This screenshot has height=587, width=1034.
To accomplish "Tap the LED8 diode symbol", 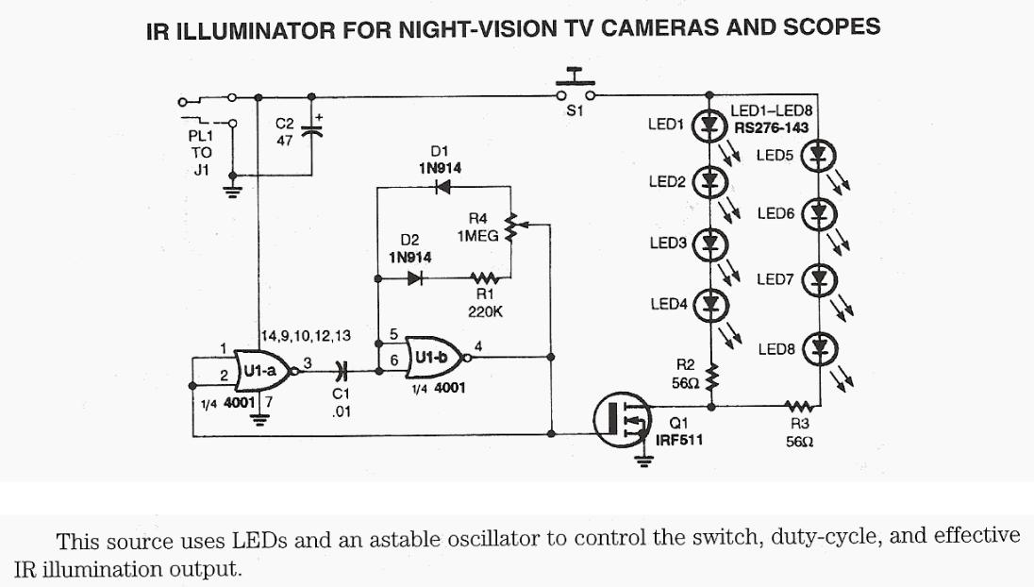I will [x=819, y=346].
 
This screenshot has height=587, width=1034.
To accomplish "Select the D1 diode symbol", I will [x=442, y=187].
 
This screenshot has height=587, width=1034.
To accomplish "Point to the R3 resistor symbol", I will [x=795, y=407].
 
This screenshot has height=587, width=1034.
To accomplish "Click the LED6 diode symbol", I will [x=819, y=213].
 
